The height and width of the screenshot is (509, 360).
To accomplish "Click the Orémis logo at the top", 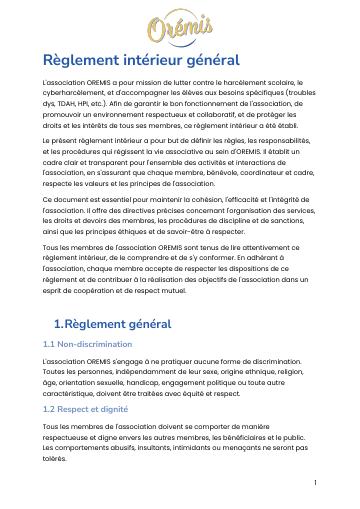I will click(x=180, y=24).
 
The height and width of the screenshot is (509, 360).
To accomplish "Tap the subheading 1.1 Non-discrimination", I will click(x=87, y=344).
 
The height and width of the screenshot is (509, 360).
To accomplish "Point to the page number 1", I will click(x=315, y=482).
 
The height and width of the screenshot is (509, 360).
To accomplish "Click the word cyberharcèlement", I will click(x=77, y=97).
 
